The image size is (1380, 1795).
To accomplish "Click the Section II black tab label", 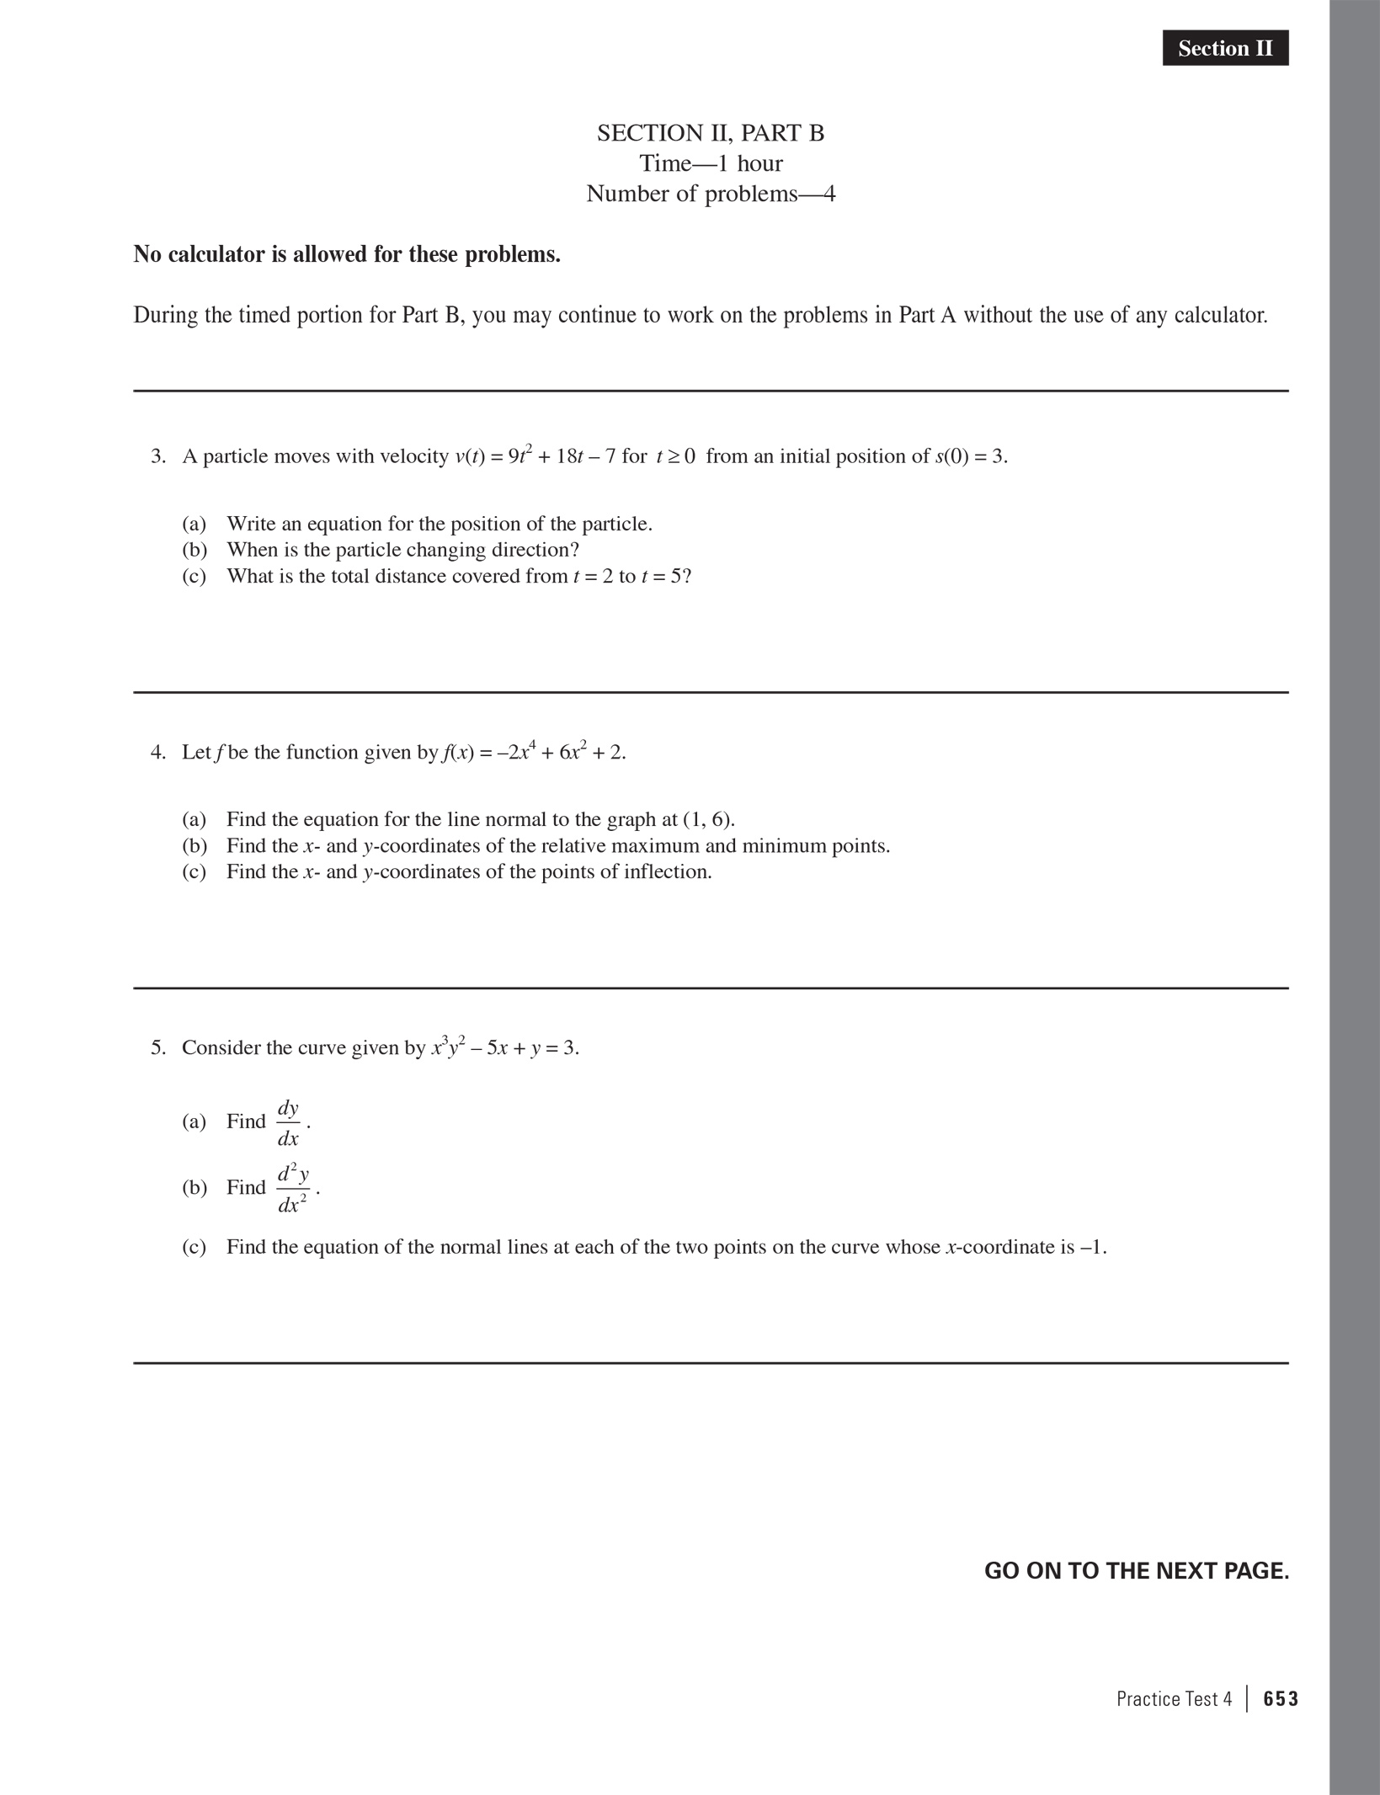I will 1225,49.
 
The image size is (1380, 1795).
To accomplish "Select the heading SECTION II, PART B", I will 711,133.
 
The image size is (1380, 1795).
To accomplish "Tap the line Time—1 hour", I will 711,163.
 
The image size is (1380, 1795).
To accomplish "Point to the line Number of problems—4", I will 711,194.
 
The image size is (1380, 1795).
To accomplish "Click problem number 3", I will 158,456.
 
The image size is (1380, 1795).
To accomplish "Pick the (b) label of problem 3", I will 194,550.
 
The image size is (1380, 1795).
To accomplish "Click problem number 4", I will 158,752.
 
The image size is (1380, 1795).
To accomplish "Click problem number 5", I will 158,1047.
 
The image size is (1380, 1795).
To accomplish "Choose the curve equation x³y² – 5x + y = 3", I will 505,1047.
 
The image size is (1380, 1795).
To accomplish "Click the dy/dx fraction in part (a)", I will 288,1122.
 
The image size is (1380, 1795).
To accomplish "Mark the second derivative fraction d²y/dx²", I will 292,1188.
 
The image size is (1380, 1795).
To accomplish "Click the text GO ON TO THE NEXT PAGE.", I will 1136,1571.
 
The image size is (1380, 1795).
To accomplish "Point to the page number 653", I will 1281,1699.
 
